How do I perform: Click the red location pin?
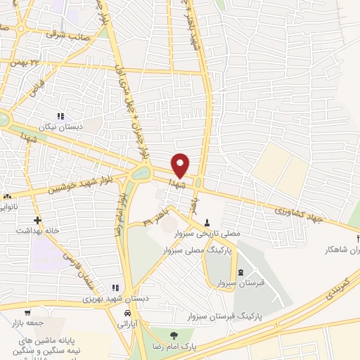point(181,164)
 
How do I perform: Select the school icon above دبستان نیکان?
point(60,117)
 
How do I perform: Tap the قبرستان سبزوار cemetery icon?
point(241,273)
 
